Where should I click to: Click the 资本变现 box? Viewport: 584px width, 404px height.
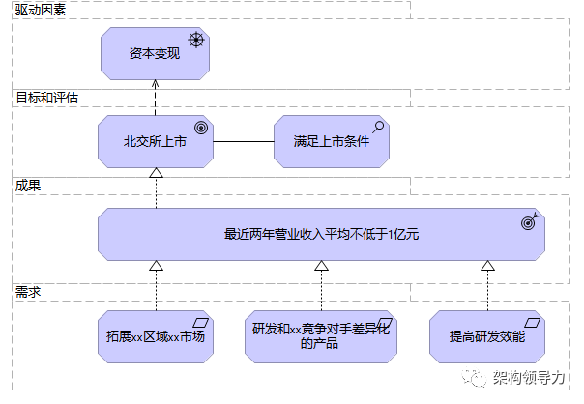(155, 53)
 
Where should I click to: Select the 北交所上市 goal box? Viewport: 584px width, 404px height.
(155, 141)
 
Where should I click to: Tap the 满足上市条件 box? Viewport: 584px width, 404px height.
(331, 141)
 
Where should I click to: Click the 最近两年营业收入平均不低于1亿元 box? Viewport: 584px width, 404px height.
(320, 234)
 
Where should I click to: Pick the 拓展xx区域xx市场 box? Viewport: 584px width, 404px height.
(155, 336)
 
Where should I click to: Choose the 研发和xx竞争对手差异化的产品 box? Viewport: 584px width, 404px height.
(320, 336)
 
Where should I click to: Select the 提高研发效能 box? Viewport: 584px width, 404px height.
(486, 336)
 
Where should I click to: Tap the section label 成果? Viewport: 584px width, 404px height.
(28, 185)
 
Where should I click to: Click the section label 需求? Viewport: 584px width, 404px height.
(28, 290)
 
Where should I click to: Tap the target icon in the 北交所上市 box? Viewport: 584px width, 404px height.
(201, 127)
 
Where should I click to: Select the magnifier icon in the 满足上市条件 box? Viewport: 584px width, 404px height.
(377, 126)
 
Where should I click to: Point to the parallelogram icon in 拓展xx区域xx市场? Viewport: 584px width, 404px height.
(201, 323)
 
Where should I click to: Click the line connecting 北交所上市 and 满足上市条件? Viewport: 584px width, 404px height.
(243, 141)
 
